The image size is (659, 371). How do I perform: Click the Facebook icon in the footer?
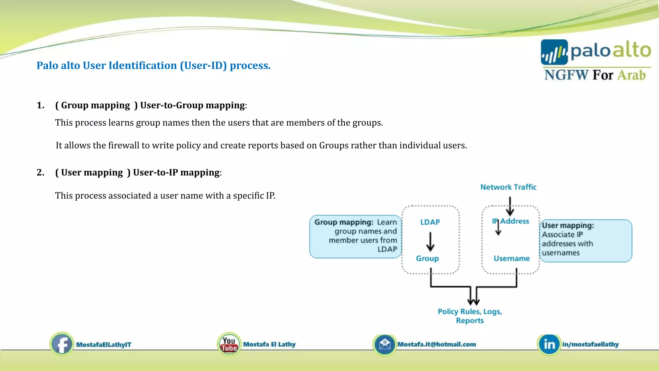pyautogui.click(x=62, y=344)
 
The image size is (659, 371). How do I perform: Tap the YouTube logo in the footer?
pyautogui.click(x=229, y=344)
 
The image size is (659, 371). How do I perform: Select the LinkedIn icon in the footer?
pyautogui.click(x=549, y=344)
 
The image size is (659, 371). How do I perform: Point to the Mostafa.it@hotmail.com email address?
pyautogui.click(x=437, y=344)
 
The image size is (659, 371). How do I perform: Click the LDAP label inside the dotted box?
pyautogui.click(x=430, y=222)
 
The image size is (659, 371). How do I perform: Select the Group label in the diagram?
pyautogui.click(x=427, y=259)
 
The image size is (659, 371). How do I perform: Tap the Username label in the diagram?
pyautogui.click(x=512, y=259)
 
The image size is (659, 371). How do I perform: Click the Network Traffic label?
pyautogui.click(x=508, y=187)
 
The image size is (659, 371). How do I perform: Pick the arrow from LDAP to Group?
pyautogui.click(x=430, y=242)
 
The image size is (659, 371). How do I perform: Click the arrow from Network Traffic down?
pyautogui.click(x=510, y=206)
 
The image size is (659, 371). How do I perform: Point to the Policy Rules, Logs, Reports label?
pyautogui.click(x=470, y=316)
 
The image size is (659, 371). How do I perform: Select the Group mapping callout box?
pyautogui.click(x=356, y=236)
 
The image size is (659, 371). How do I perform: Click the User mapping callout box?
pyautogui.click(x=586, y=240)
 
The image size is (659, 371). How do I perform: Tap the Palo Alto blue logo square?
pyautogui.click(x=554, y=52)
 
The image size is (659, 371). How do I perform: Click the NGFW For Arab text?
pyautogui.click(x=595, y=75)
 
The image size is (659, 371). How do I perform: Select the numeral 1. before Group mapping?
pyautogui.click(x=41, y=105)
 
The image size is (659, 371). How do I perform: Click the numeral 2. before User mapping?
pyautogui.click(x=41, y=173)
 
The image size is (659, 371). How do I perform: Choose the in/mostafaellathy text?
pyautogui.click(x=590, y=344)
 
